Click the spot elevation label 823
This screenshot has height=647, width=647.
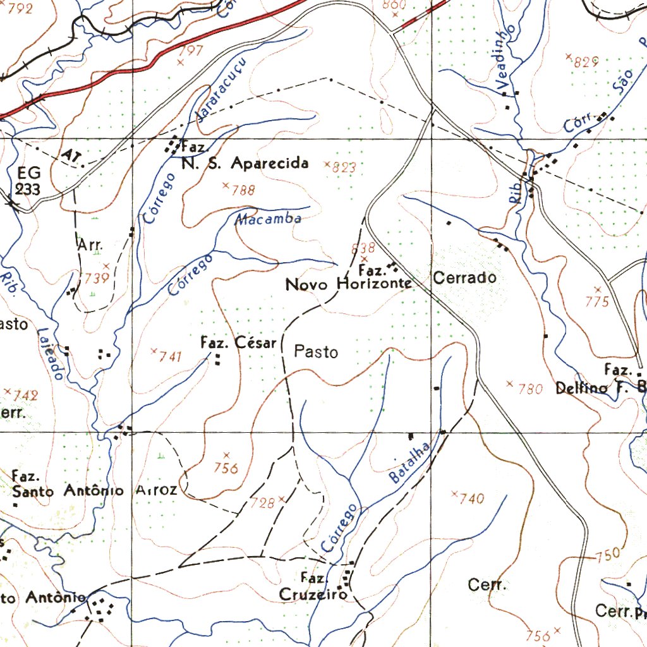click(345, 168)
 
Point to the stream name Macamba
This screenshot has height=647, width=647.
click(268, 219)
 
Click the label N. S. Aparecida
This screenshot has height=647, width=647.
click(245, 164)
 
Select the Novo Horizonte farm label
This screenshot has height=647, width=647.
click(349, 284)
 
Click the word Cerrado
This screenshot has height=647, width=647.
click(464, 277)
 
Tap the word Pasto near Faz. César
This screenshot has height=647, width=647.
click(317, 352)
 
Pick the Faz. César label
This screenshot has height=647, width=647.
click(238, 343)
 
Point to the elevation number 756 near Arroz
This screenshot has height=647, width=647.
click(226, 468)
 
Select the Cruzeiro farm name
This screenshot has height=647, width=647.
click(313, 595)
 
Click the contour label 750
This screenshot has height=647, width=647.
click(608, 555)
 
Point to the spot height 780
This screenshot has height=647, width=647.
click(530, 389)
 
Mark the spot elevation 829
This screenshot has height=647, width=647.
click(586, 62)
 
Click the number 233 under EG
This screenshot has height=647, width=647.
click(28, 189)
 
